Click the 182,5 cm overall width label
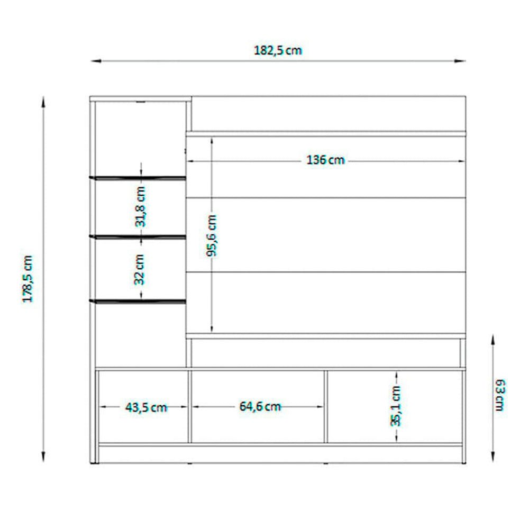[278, 51]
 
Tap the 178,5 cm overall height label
[28, 279]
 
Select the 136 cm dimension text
[325, 160]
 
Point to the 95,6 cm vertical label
[212, 235]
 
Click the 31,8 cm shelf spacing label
[140, 206]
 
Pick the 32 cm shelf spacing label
[140, 269]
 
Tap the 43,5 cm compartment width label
[146, 407]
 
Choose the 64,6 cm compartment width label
[260, 406]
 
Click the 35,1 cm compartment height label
[396, 406]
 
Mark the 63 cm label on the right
[500, 395]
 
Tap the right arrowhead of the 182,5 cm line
[460, 61]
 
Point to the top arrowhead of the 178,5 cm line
[43, 102]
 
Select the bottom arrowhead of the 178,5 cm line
[43, 456]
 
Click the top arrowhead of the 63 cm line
[492, 340]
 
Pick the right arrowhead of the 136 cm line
[461, 161]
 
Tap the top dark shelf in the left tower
[138, 178]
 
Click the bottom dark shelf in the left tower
[138, 301]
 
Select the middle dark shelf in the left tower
[138, 237]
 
